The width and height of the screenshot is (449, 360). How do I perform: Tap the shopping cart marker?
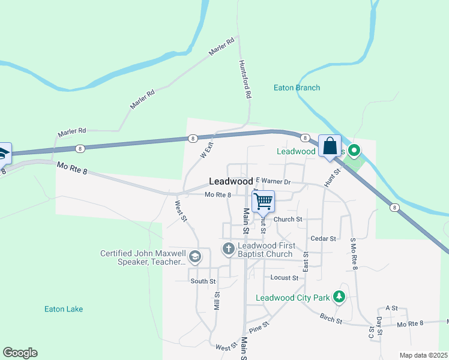tap(264, 202)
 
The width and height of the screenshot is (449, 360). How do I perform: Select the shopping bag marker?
tap(330, 146)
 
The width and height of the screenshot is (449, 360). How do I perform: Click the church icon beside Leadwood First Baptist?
tap(228, 248)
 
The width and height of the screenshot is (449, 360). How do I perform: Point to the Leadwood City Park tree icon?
tap(339, 297)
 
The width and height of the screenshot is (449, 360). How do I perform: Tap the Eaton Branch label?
tap(297, 88)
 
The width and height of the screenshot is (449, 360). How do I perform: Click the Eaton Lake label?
tap(64, 309)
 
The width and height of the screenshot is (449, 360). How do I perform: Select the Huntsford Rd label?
tap(244, 79)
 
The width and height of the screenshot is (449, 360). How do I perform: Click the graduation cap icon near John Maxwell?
tap(194, 257)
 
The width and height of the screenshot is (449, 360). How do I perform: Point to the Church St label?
tap(288, 219)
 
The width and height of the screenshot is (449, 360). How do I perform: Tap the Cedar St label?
tap(323, 238)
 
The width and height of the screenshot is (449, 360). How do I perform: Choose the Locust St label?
tap(284, 278)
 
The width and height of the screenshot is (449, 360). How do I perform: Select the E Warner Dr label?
tap(273, 181)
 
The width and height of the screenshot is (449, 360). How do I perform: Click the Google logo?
tap(20, 353)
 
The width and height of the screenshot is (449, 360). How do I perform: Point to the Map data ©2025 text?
tap(424, 355)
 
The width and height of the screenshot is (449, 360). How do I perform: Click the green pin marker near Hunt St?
tap(354, 151)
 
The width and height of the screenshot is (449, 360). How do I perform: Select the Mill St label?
tap(217, 301)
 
